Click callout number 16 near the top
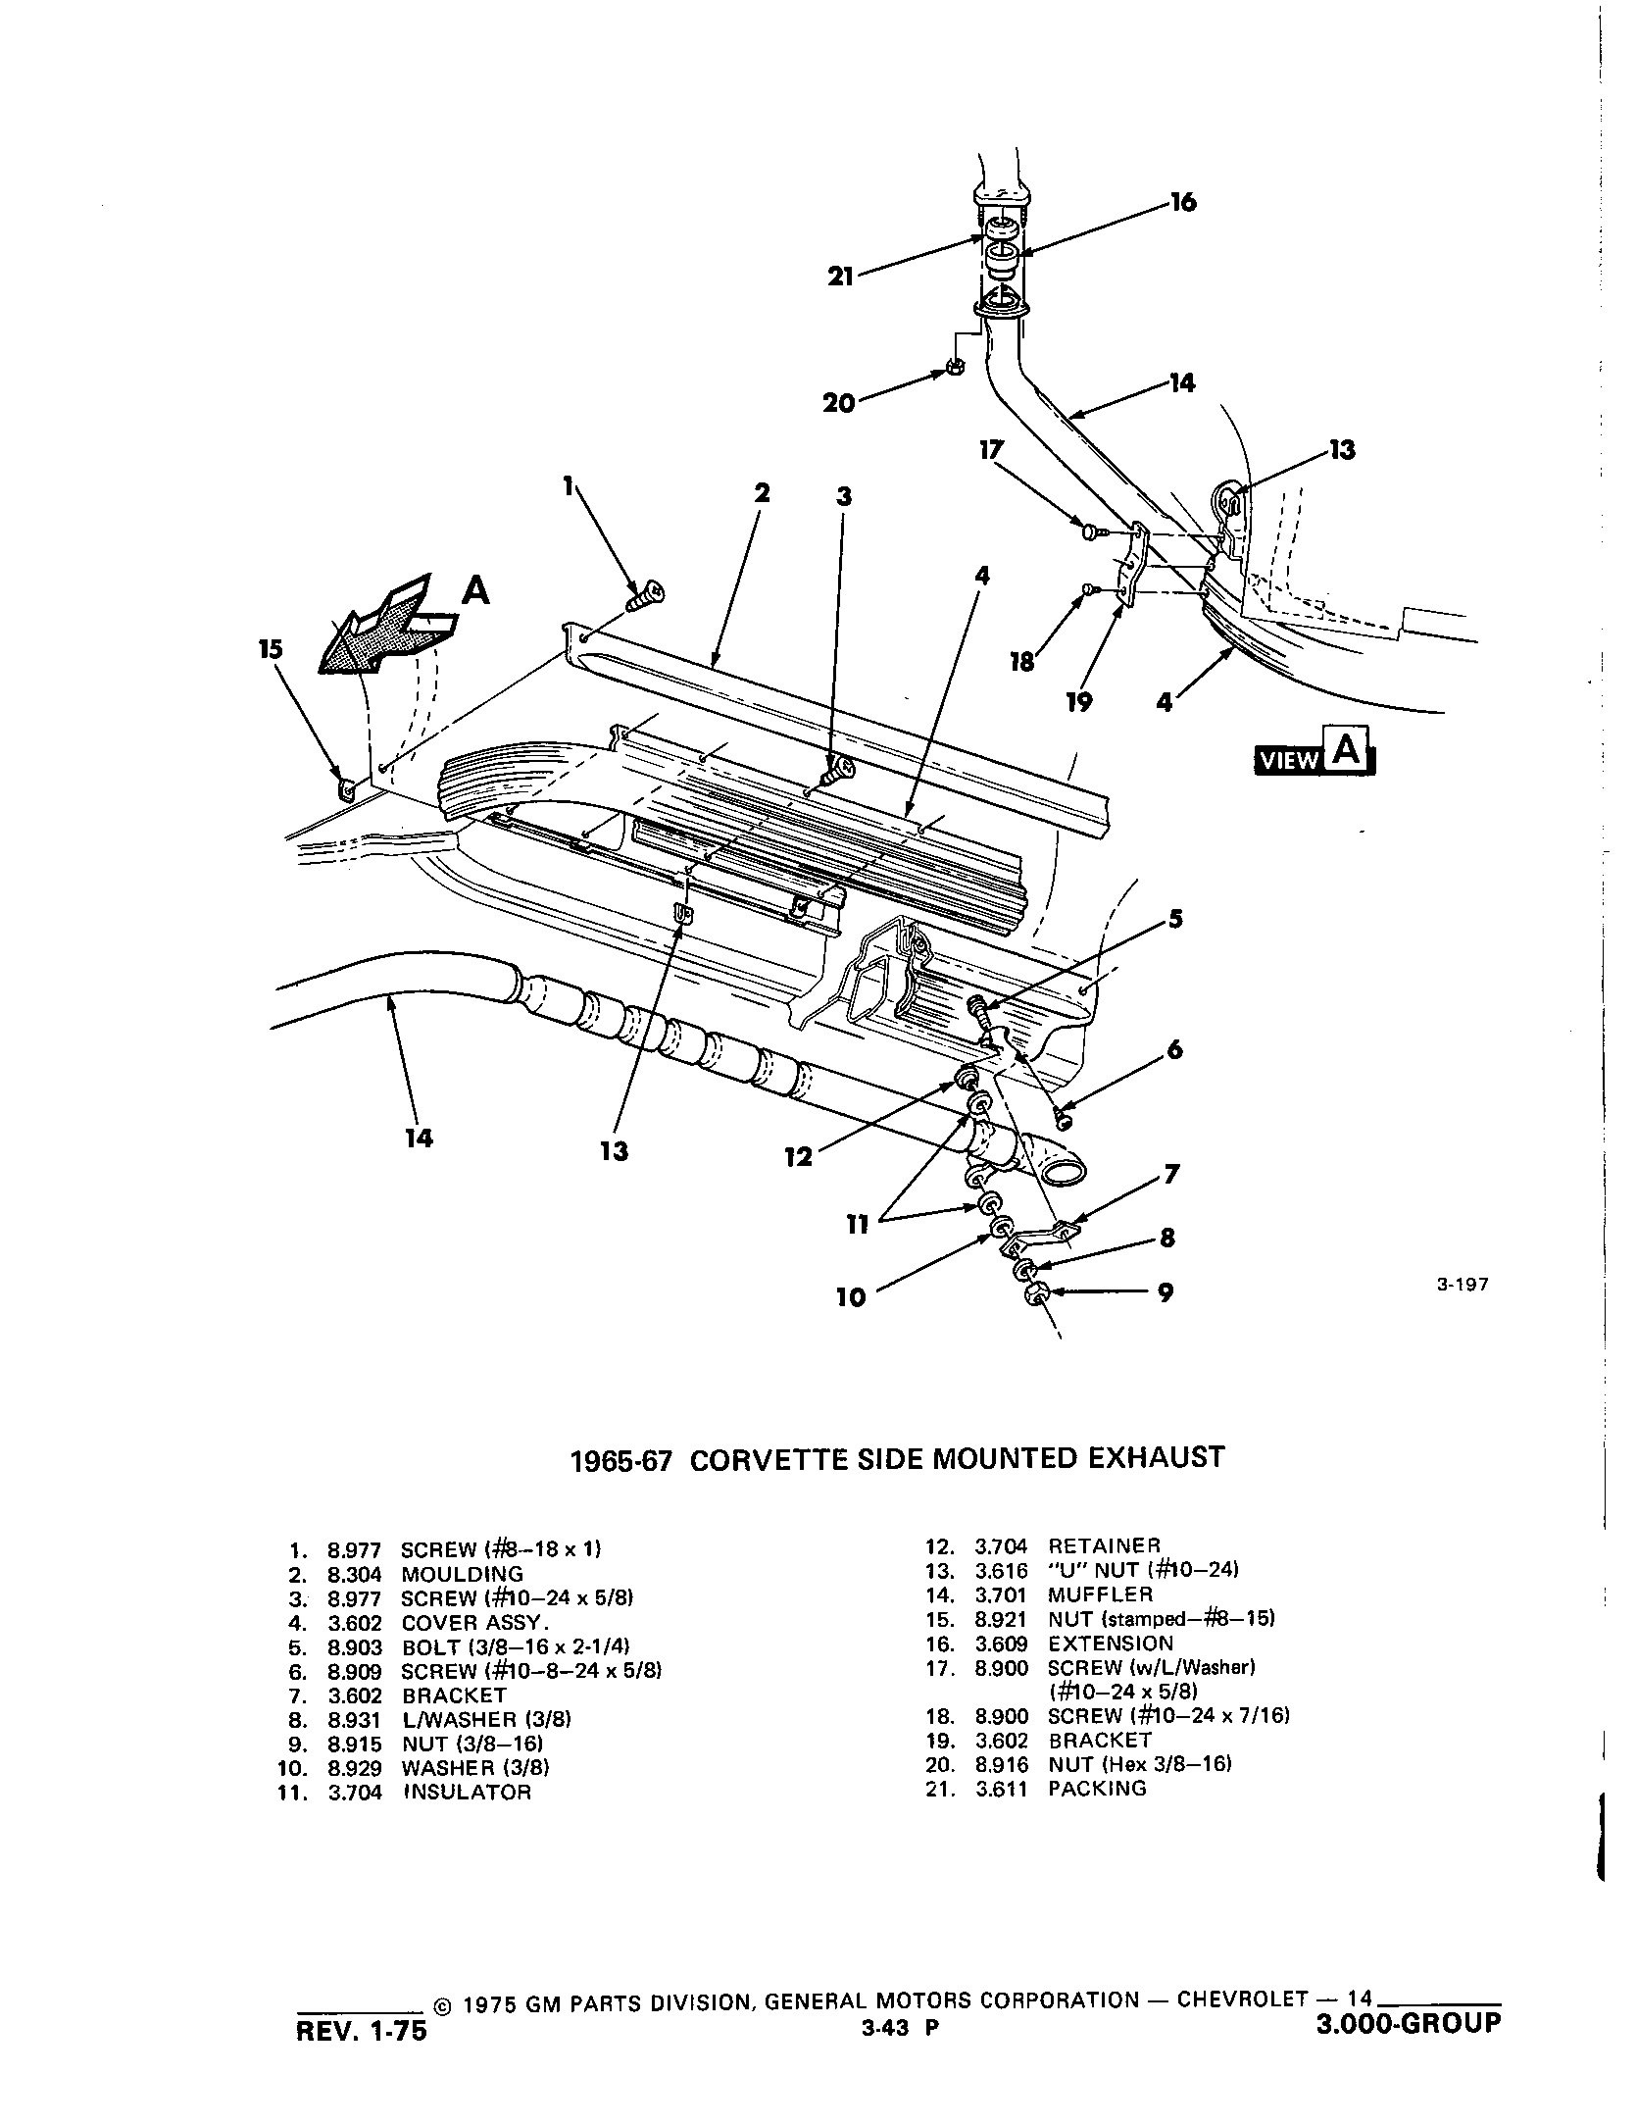(x=1183, y=204)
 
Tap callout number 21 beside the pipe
(x=841, y=278)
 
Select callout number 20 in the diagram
(x=839, y=403)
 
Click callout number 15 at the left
(x=272, y=649)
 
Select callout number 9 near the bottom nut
(x=1165, y=1293)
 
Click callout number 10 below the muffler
(x=851, y=1297)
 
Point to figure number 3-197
(x=1463, y=1285)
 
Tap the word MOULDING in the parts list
(x=462, y=1574)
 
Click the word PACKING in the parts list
(x=1097, y=1788)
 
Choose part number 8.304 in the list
(x=354, y=1574)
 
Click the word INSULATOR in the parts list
(x=467, y=1793)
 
